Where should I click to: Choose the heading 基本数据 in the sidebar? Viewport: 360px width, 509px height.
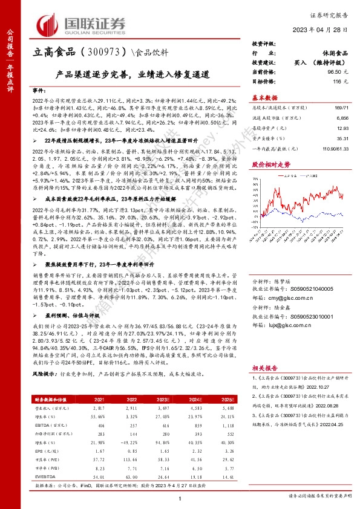(264, 97)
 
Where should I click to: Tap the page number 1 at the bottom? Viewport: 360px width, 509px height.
(180, 498)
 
